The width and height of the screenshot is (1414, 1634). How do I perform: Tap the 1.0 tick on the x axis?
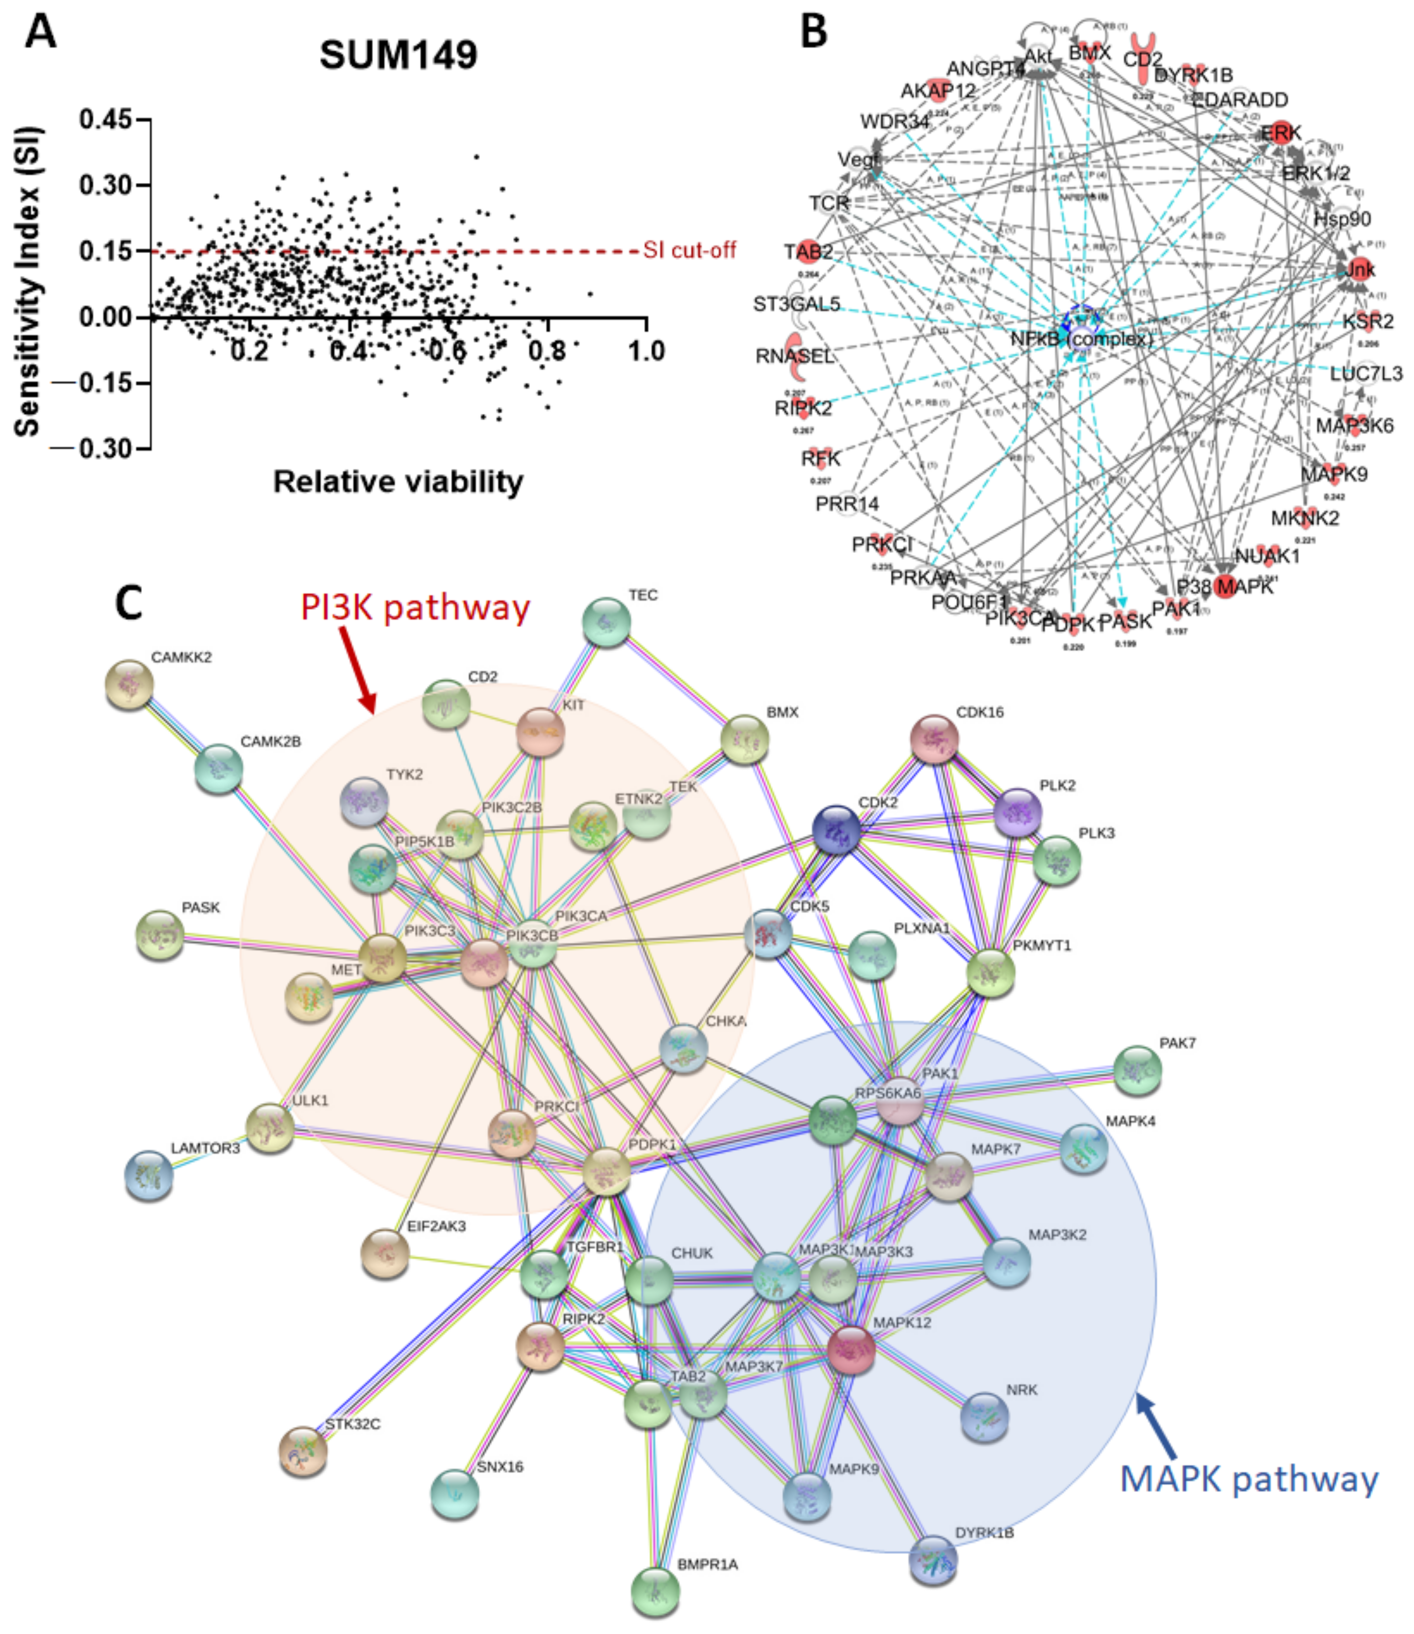(645, 350)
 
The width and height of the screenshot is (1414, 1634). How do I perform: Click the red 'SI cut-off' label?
(689, 251)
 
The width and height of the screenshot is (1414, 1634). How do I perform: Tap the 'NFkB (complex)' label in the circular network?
(1081, 339)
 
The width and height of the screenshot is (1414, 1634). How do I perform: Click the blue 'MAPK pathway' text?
(1248, 1479)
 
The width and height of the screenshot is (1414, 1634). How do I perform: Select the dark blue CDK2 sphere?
(836, 829)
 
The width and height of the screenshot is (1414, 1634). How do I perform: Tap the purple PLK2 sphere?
(1017, 811)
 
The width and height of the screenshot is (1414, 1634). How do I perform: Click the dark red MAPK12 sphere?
(851, 1349)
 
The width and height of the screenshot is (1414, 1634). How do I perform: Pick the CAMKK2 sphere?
(130, 685)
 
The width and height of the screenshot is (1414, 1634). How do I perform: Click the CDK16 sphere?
(934, 740)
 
